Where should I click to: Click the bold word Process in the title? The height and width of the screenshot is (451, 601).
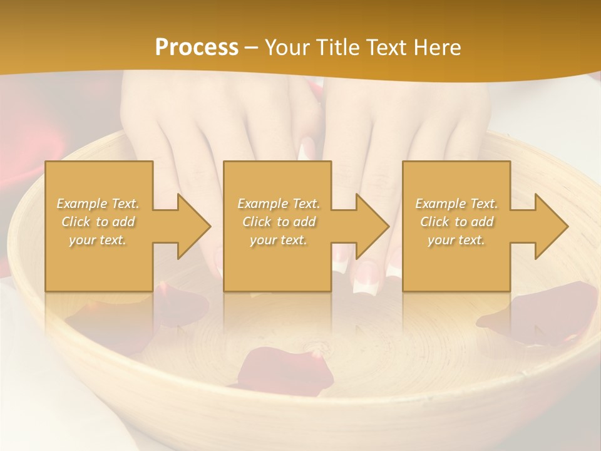[x=197, y=48]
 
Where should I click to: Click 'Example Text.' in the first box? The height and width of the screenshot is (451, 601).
[x=98, y=204]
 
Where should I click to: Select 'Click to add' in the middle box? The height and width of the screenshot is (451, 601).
[x=278, y=222]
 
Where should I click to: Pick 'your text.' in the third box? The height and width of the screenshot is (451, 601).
[x=456, y=240]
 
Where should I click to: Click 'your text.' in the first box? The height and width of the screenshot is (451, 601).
[x=98, y=240]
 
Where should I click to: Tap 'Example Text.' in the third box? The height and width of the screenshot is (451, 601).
[x=456, y=204]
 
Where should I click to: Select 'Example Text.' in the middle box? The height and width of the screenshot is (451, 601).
[x=278, y=204]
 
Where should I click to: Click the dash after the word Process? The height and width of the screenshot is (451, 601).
[x=252, y=48]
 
